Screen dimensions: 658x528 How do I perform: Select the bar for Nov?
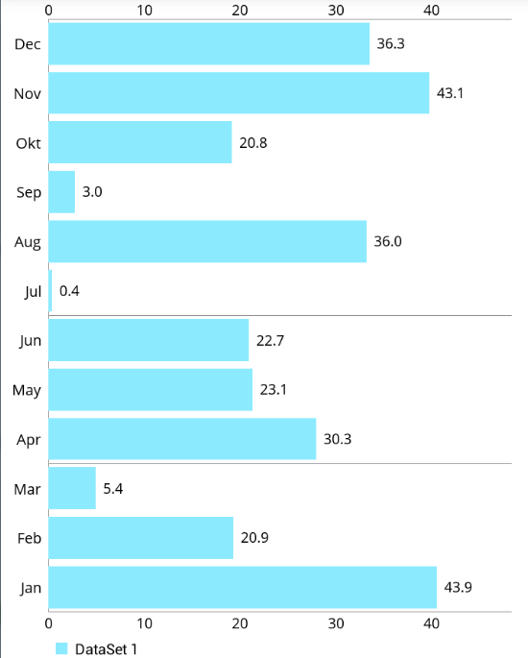pyautogui.click(x=238, y=93)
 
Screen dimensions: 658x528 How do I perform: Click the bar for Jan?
pyautogui.click(x=242, y=588)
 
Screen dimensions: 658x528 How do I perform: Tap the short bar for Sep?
pyautogui.click(x=61, y=192)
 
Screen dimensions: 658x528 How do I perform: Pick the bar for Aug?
pyautogui.click(x=207, y=241)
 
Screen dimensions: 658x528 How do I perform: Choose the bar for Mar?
pyautogui.click(x=72, y=489)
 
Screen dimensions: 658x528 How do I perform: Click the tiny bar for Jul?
pyautogui.click(x=50, y=291)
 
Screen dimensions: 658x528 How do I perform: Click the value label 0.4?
pyautogui.click(x=69, y=291)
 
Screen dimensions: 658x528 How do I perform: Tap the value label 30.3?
pyautogui.click(x=337, y=439)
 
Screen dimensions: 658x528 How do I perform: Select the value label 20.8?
pyautogui.click(x=253, y=143)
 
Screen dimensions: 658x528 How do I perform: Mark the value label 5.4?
pyautogui.click(x=112, y=489)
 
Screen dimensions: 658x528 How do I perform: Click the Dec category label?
pyautogui.click(x=28, y=44)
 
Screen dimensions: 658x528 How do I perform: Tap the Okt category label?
pyautogui.click(x=28, y=143)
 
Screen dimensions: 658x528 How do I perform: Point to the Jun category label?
pyautogui.click(x=30, y=340)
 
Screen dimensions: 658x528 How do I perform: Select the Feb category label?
pyautogui.click(x=29, y=539)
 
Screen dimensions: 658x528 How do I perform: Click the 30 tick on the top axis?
pyautogui.click(x=336, y=10)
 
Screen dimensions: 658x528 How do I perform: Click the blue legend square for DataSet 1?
pyautogui.click(x=61, y=649)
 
